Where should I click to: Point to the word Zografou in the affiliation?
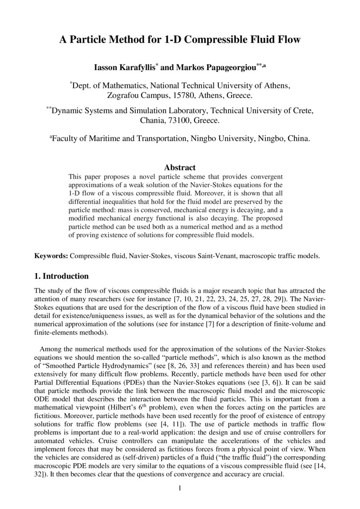124,94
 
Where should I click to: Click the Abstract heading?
180,167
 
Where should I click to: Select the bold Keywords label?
51,256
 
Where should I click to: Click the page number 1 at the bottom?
179,488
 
